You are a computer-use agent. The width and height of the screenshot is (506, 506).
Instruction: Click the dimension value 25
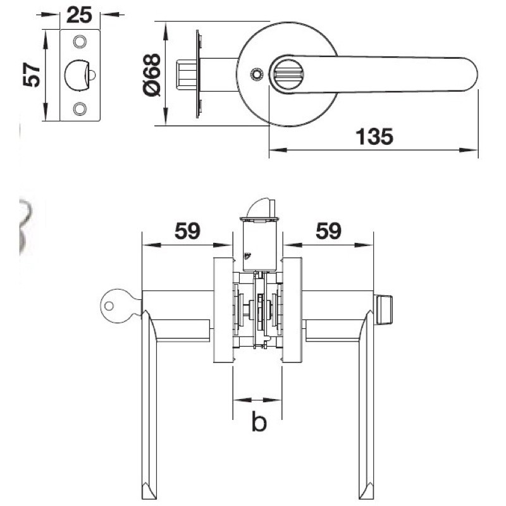(80, 15)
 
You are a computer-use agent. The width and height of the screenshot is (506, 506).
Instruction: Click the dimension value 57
(32, 75)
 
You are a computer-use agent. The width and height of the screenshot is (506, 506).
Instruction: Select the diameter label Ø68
(152, 75)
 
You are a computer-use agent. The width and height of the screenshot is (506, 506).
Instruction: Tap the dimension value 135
(374, 137)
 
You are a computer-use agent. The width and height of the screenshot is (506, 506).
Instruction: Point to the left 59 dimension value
(187, 231)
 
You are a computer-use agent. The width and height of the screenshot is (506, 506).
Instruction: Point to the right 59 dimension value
(328, 231)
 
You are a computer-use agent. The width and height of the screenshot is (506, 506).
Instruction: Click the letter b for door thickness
(259, 421)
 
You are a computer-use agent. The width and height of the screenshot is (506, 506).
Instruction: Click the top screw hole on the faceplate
(80, 41)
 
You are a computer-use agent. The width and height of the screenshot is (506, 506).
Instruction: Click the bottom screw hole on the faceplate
(80, 109)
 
